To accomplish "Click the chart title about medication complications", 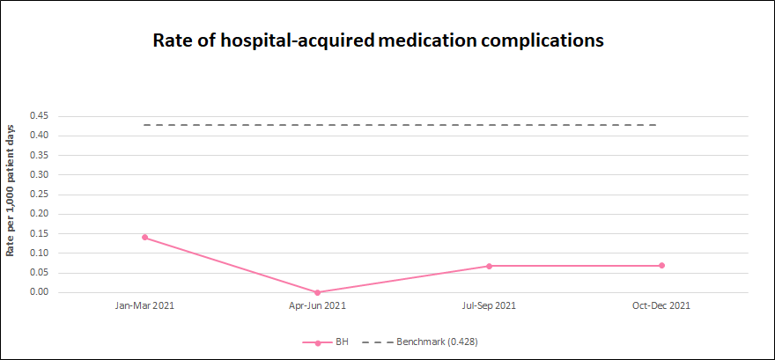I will click(x=379, y=40).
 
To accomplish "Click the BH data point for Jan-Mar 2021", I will click(x=144, y=238).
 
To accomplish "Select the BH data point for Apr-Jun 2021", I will click(x=317, y=292).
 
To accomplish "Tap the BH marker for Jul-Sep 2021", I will click(x=489, y=266).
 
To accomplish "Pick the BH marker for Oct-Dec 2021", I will click(x=661, y=266).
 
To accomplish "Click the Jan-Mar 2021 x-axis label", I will click(x=144, y=306).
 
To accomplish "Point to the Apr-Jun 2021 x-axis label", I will click(x=317, y=306).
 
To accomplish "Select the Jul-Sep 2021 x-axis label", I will click(x=489, y=306).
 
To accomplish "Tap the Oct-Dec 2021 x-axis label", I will click(x=661, y=306).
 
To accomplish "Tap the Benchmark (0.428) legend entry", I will click(x=436, y=342).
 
